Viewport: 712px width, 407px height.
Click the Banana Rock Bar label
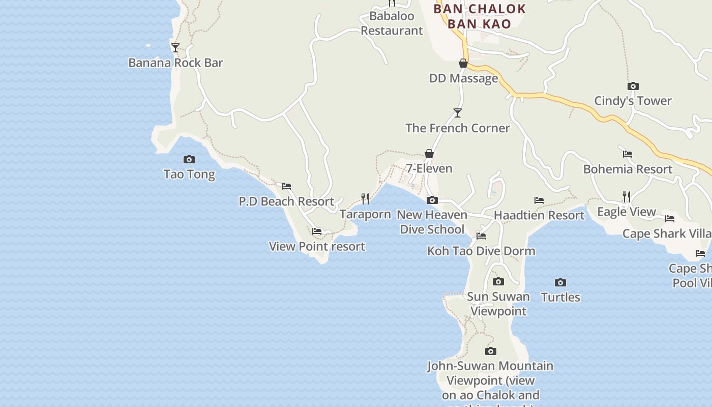175,63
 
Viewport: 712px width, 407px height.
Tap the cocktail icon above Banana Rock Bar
175,48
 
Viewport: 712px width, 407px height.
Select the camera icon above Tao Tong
189,160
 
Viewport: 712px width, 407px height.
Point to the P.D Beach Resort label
286,201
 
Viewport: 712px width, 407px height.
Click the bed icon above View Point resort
317,231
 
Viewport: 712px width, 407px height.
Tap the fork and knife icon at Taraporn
365,198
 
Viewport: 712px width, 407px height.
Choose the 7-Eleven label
429,168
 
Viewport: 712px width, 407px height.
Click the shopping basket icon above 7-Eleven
429,154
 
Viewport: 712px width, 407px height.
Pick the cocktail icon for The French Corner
458,113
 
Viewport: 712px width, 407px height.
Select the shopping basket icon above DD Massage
463,63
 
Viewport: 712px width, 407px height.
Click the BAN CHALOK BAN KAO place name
480,16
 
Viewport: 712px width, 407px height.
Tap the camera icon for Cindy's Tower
633,86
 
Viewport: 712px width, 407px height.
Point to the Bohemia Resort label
628,169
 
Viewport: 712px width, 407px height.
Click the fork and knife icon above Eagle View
627,196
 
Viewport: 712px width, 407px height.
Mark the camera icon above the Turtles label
560,283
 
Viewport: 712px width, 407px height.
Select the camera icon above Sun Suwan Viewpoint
498,282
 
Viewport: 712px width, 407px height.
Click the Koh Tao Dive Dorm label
481,251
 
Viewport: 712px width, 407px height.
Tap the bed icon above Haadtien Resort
539,200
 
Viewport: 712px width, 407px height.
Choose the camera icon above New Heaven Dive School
432,200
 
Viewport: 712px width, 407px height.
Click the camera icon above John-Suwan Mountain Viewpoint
491,352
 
